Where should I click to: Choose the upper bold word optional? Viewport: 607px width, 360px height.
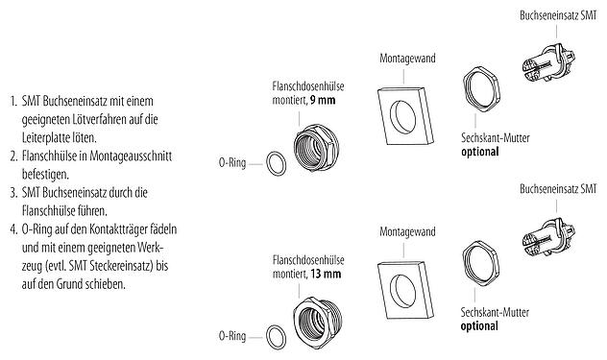point(482,151)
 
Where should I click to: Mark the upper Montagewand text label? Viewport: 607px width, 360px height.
point(407,59)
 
